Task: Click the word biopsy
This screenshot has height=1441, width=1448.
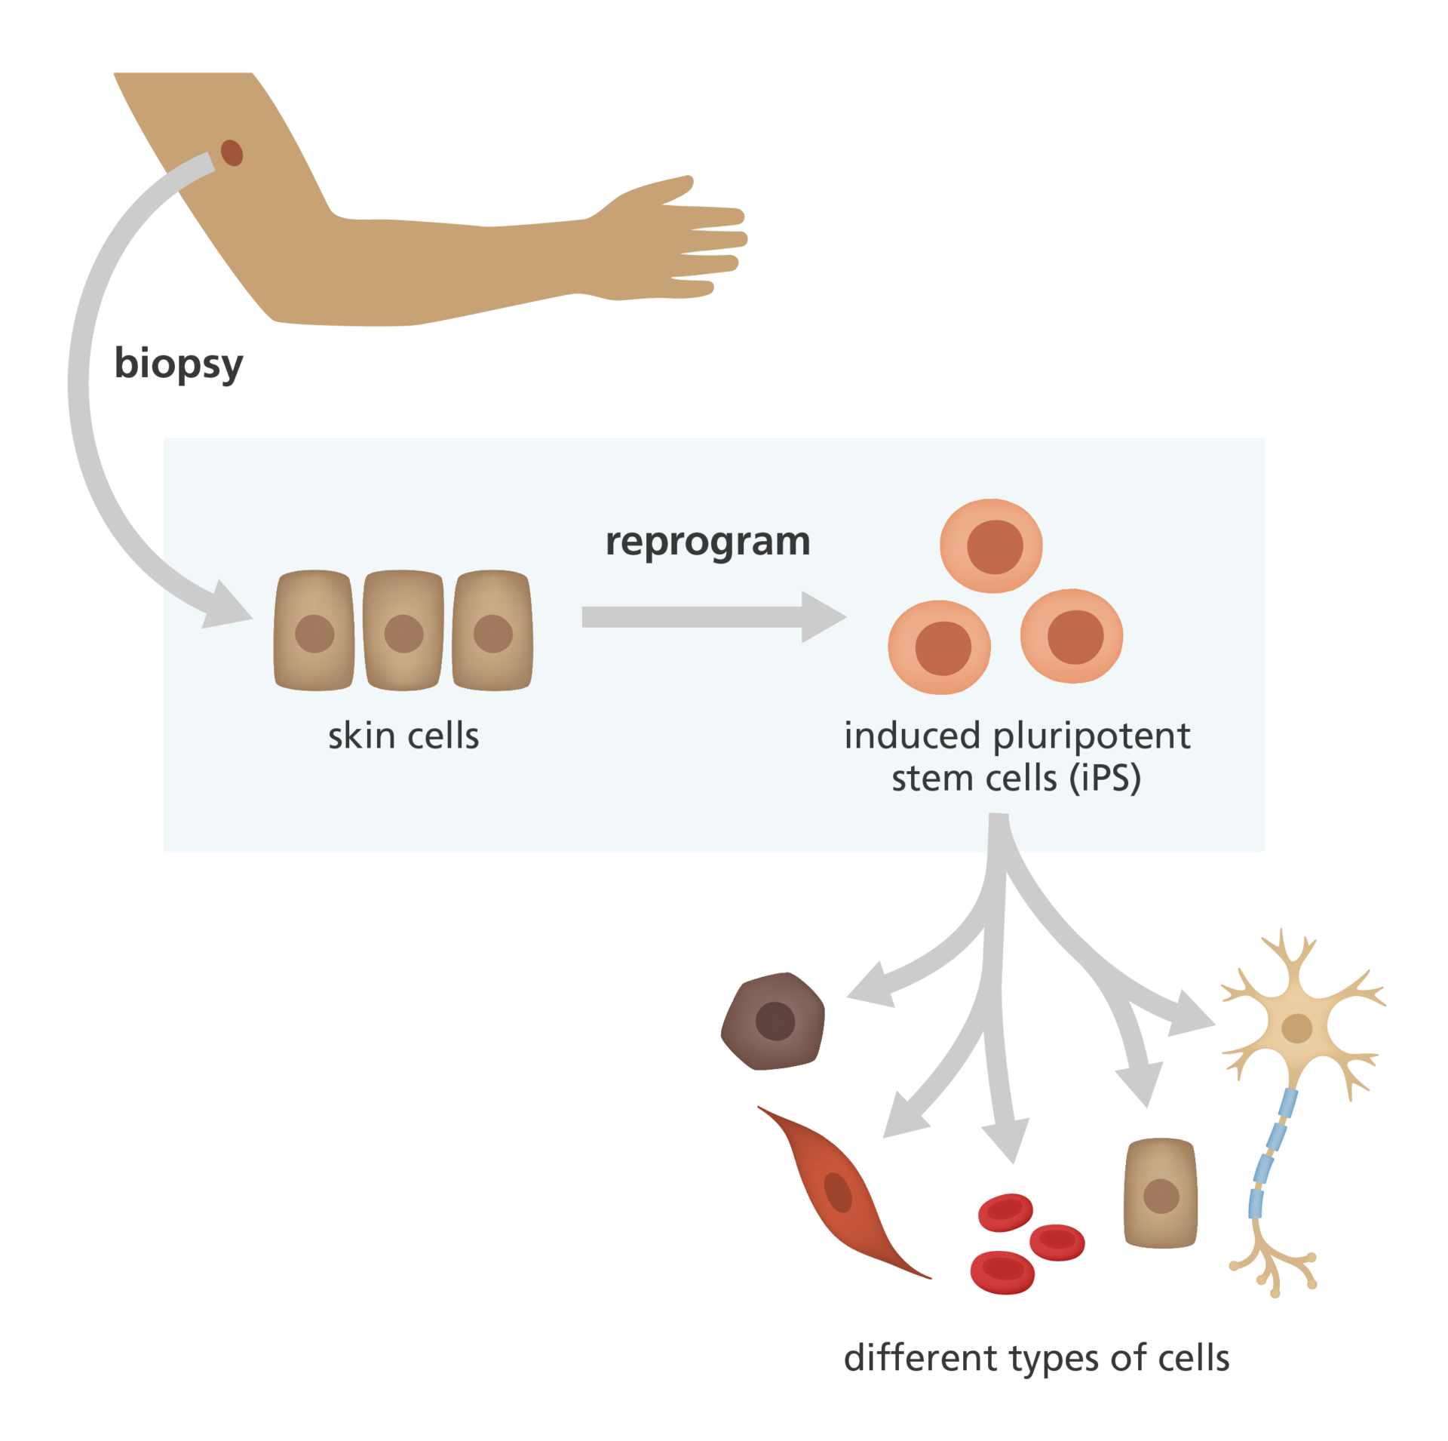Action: [x=179, y=365]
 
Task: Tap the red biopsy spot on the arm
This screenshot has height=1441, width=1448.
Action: [x=232, y=152]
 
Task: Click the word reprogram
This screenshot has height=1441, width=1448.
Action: [x=707, y=542]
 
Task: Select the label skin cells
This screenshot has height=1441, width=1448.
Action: [x=403, y=736]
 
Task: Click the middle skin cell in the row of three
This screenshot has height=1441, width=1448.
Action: [x=403, y=631]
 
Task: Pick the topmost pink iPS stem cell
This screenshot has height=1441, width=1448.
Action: [x=992, y=545]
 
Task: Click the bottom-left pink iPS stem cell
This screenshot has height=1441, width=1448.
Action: [x=940, y=647]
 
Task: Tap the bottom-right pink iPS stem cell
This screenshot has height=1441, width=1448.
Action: [x=1072, y=636]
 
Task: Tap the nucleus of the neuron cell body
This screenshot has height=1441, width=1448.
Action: [x=1296, y=1028]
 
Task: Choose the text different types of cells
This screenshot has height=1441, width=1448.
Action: [x=1036, y=1358]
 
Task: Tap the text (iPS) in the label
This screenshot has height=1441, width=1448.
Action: [x=1105, y=779]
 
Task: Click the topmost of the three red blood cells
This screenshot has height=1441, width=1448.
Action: [x=1005, y=1211]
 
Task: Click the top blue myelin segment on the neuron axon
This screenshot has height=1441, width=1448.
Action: [x=1287, y=1103]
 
